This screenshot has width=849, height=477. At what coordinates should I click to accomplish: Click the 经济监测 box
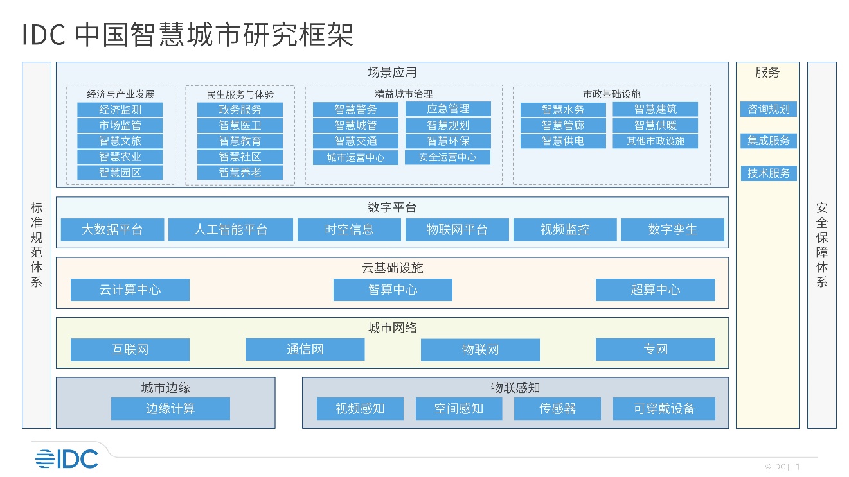click(120, 110)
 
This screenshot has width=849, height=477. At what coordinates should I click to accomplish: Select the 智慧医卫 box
click(240, 125)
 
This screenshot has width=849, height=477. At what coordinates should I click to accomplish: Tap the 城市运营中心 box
click(355, 157)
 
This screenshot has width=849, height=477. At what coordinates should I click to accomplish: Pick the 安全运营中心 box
click(447, 157)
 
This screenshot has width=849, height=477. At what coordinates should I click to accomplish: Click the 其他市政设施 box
click(656, 141)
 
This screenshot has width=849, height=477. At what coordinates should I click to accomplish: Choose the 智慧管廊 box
click(563, 125)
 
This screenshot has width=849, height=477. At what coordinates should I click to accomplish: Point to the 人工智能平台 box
click(231, 229)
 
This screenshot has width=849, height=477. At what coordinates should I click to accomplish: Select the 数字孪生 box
click(672, 229)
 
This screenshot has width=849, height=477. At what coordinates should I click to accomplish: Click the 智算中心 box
click(393, 290)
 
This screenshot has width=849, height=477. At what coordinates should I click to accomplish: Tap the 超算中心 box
click(656, 290)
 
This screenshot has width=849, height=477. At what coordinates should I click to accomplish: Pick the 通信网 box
click(305, 349)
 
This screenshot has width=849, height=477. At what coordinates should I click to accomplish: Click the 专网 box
click(656, 349)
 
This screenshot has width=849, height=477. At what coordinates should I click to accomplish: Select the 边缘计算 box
click(170, 408)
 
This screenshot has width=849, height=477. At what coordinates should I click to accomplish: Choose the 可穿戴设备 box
click(664, 408)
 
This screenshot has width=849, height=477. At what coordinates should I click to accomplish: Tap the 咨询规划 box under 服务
click(768, 109)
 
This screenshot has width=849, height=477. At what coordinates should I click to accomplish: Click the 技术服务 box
click(769, 173)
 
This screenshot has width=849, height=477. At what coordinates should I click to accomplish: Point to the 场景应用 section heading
click(392, 73)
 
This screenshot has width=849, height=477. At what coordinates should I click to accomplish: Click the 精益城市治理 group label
click(404, 94)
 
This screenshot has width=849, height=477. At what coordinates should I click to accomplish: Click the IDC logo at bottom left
click(67, 459)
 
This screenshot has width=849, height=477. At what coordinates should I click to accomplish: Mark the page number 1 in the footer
click(798, 466)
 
